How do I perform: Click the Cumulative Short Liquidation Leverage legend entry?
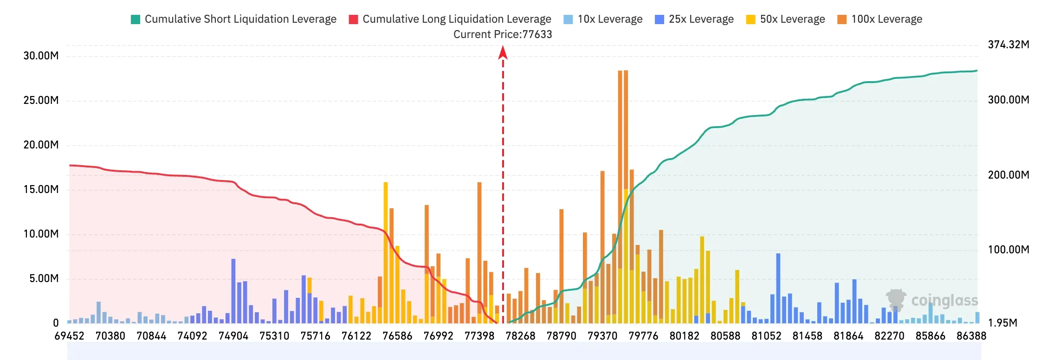pos(233,19)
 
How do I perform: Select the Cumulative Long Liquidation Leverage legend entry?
pos(450,19)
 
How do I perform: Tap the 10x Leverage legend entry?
pos(603,19)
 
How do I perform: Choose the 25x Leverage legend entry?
pos(694,19)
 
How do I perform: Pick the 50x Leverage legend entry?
pos(785,19)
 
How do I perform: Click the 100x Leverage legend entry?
pos(879,19)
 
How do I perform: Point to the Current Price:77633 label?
pos(503,34)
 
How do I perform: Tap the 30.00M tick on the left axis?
pos(41,56)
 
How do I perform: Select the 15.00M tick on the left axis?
pos(41,189)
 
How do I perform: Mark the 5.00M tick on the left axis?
pos(44,278)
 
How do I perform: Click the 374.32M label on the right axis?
pos(1008,45)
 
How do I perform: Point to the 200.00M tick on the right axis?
pos(1008,175)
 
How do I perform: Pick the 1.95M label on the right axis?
pos(1002,323)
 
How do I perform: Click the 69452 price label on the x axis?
pos(70,336)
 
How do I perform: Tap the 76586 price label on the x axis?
pos(397,336)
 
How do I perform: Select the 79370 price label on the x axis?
pos(602,336)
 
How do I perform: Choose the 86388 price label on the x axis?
pos(971,336)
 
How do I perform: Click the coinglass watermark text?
pos(944,301)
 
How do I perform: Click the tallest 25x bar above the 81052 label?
pos(778,289)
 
